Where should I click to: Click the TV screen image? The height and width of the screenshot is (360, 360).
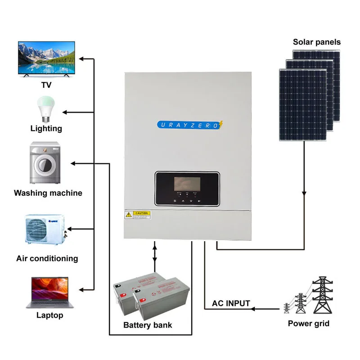pos(46,58)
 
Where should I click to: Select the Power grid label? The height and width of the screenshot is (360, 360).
pos(309,323)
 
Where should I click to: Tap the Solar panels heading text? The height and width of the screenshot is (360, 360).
pos(317,42)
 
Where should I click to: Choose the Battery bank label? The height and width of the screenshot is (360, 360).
pos(148,325)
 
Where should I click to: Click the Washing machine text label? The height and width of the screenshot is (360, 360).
pos(48,193)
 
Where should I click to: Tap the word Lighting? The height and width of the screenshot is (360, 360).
pos(46,129)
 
